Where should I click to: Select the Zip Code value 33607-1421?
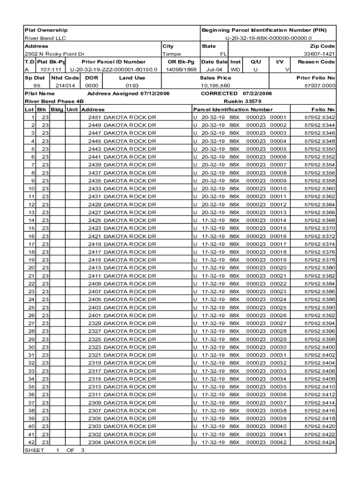point(320,54)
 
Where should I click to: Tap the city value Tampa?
point(171,54)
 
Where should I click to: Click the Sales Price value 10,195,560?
point(215,86)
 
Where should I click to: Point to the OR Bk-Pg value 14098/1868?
point(181,69)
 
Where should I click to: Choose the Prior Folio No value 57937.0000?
point(320,86)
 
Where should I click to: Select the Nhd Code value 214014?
point(65,86)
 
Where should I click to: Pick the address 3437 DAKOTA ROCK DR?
point(122,173)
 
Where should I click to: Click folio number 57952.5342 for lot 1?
point(319,117)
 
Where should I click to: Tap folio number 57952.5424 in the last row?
point(319,442)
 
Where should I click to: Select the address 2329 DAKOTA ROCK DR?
point(122,323)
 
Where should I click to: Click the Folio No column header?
point(325,109)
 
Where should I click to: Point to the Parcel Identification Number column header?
point(232,109)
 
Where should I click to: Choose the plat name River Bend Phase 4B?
point(54,101)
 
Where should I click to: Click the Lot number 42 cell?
point(31,442)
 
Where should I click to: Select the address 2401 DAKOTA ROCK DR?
point(122,315)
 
